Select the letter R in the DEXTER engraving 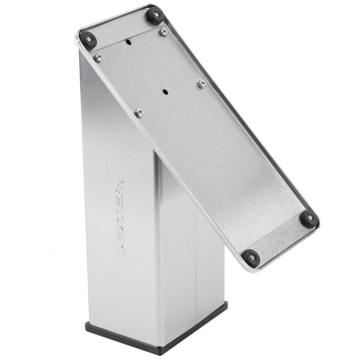coord(118,187)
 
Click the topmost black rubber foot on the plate coord(155,14)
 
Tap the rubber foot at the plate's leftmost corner coord(88,40)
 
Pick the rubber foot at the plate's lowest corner coord(251,258)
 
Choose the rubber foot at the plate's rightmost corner coord(309,218)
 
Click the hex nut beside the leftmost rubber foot coord(98,58)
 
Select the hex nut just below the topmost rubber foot coord(163,32)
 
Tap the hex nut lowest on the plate coord(139,112)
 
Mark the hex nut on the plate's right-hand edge coord(202,83)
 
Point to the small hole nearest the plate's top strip coord(128,43)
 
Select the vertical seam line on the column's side coord(196,270)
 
